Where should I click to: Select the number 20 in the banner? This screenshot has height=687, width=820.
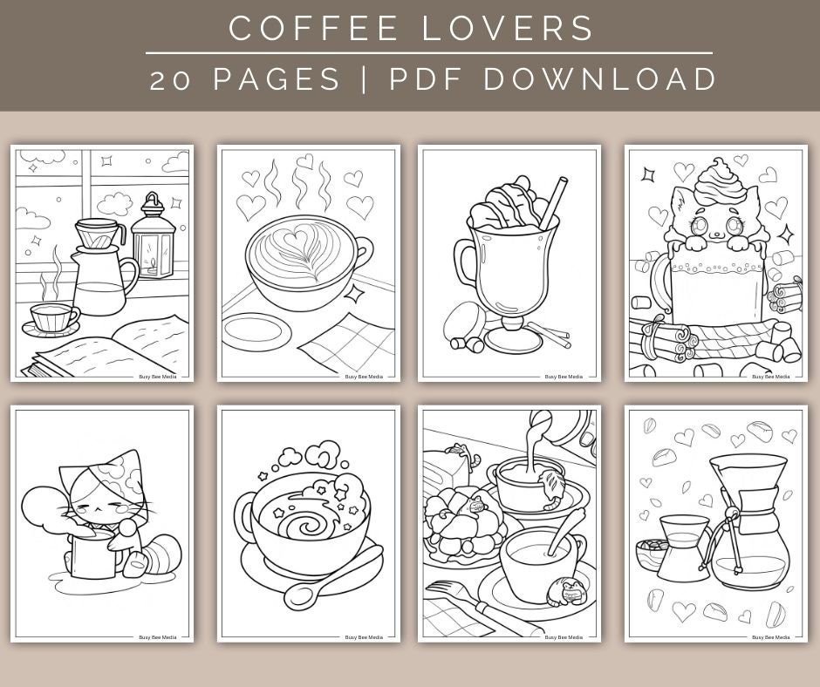(171, 78)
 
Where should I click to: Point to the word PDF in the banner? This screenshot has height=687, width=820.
(424, 78)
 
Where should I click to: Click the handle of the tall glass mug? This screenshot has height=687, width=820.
(463, 267)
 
